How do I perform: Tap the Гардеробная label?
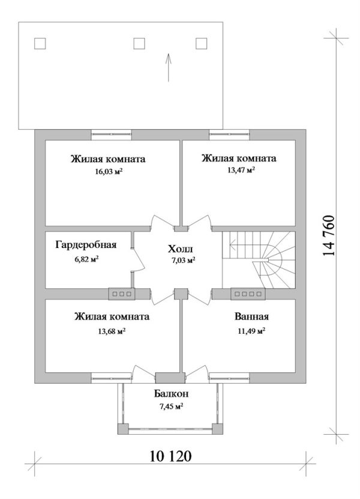click(x=86, y=245)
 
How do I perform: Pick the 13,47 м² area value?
click(x=239, y=170)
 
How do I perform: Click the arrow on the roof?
click(x=169, y=67)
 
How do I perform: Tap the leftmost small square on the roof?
click(x=41, y=43)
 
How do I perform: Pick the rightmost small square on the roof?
click(x=202, y=43)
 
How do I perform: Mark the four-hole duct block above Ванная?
click(x=247, y=294)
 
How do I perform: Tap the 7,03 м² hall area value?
click(x=184, y=261)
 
